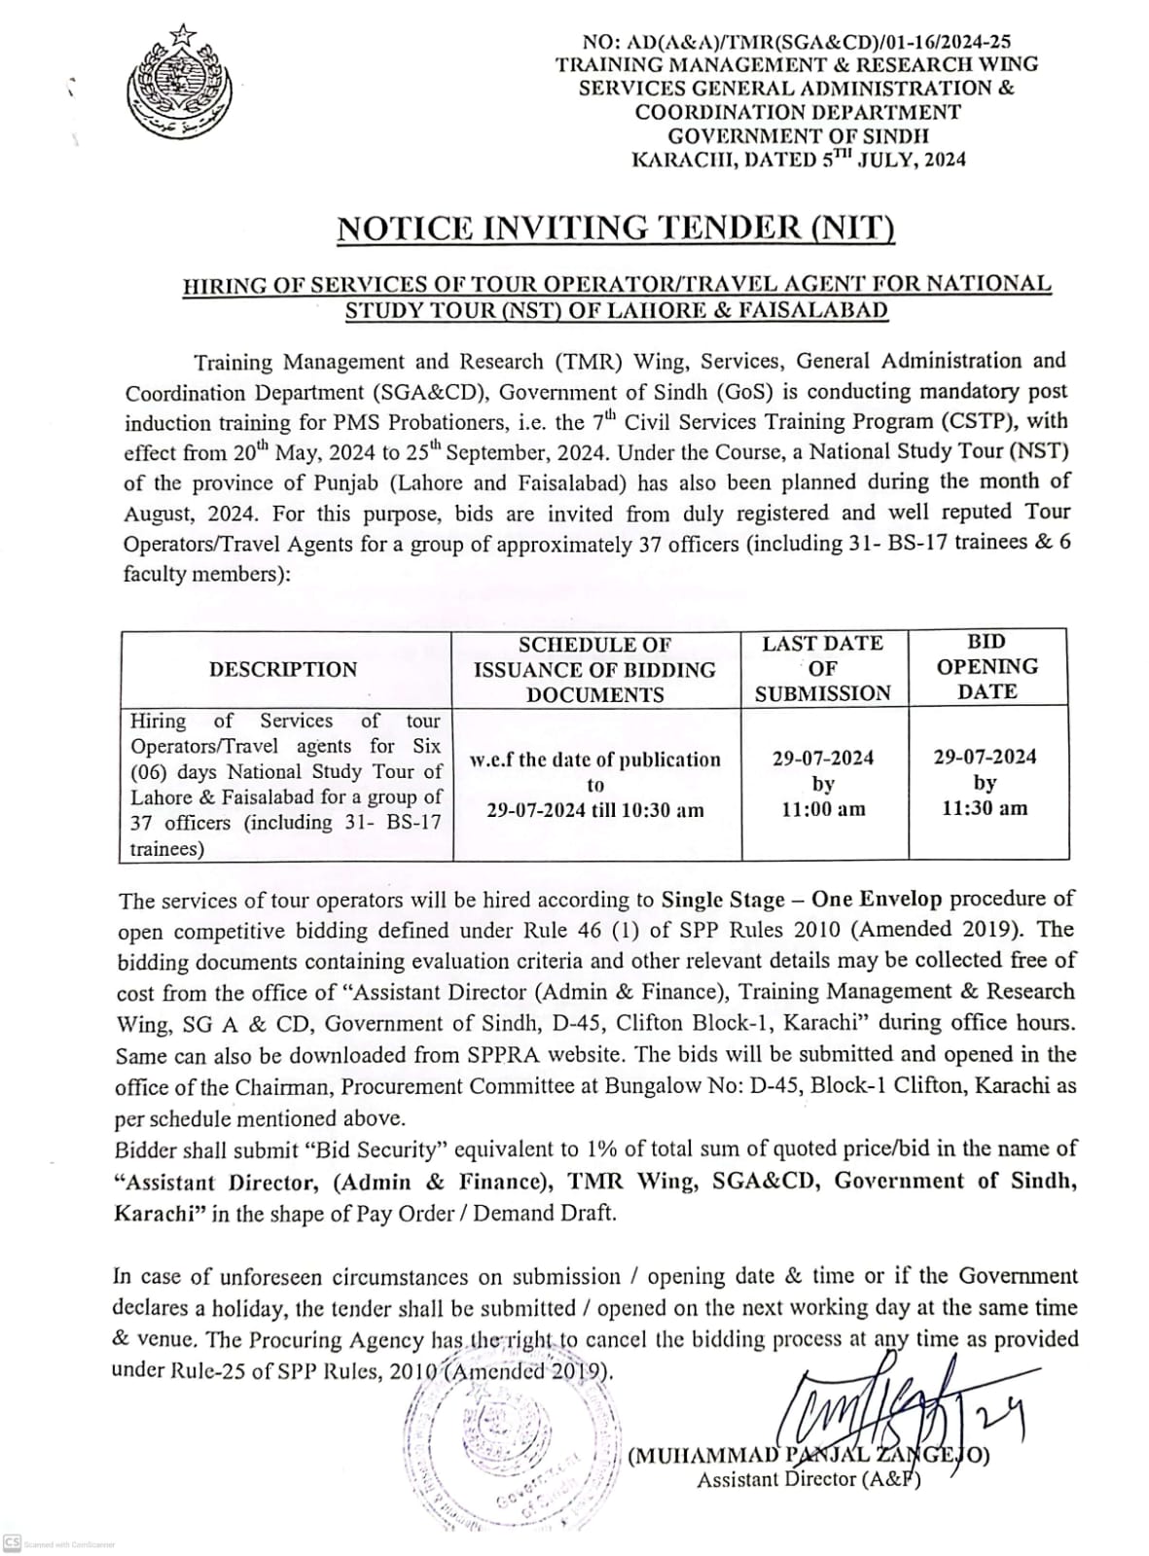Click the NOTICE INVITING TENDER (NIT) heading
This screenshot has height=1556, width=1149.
pyautogui.click(x=616, y=228)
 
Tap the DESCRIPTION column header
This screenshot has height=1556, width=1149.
pyautogui.click(x=283, y=669)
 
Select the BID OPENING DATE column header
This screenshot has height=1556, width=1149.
pyautogui.click(x=987, y=667)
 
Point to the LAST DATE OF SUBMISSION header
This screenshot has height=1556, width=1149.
pyautogui.click(x=823, y=668)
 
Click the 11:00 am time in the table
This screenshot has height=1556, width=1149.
pyautogui.click(x=823, y=809)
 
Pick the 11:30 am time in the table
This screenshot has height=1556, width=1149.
pyautogui.click(x=985, y=808)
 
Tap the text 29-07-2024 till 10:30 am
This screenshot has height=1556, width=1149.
pyautogui.click(x=595, y=810)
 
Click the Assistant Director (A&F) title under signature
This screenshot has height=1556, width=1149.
pyautogui.click(x=808, y=1479)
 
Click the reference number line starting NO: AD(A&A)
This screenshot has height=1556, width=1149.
pyautogui.click(x=797, y=42)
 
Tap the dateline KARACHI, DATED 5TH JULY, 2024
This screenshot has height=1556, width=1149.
pyautogui.click(x=799, y=159)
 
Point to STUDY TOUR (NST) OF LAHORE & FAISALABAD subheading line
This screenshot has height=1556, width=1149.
pyautogui.click(x=617, y=311)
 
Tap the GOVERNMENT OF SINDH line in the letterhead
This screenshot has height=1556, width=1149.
pyautogui.click(x=798, y=136)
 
